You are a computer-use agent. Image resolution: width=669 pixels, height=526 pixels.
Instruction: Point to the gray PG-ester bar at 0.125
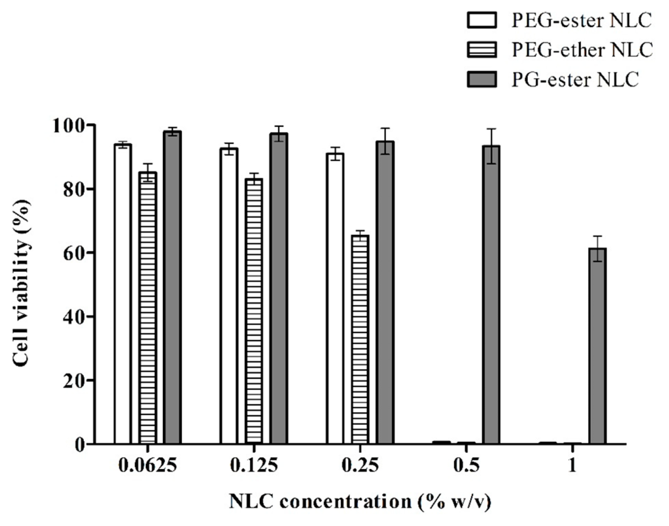pos(279,288)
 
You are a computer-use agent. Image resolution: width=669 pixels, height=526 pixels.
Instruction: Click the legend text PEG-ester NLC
pos(581,20)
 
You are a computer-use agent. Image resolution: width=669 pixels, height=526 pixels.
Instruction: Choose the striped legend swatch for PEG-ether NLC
pos(482,49)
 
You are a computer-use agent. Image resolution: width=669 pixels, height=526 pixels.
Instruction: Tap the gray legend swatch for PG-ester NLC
pos(482,79)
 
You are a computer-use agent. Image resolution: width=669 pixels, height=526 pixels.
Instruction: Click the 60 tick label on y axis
pos(74,253)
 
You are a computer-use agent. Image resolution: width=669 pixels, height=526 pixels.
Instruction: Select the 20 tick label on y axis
pos(74,380)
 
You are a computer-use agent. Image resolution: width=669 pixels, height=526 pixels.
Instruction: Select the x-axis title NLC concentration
pos(360,502)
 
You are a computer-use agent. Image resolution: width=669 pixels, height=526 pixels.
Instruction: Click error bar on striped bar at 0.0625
pos(148,172)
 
